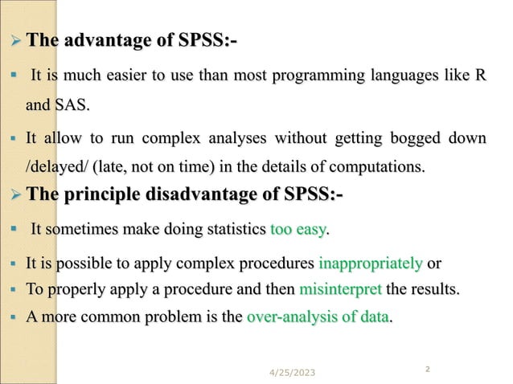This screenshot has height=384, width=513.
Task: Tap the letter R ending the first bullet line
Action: [x=480, y=76]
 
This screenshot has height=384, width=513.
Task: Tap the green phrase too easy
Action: [x=300, y=231]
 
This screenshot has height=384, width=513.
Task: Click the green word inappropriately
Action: [x=371, y=263]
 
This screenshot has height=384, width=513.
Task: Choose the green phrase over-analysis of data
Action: [x=317, y=317]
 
